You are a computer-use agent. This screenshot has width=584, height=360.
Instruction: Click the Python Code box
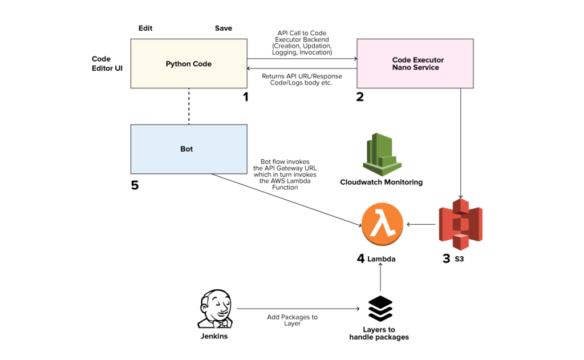coord(189,63)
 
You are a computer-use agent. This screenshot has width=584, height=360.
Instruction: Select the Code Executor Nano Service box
coord(415,63)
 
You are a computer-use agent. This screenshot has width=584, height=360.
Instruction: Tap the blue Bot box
coord(189,149)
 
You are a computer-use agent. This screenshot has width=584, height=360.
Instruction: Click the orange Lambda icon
coord(382,223)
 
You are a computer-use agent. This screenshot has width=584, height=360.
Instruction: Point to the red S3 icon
coord(460,224)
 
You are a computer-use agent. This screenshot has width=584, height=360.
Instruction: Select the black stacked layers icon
coord(379,309)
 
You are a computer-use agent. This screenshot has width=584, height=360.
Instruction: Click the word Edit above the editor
coord(145,29)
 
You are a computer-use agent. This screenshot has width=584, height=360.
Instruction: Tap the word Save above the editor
coord(224,29)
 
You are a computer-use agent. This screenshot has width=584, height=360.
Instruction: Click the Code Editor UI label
coord(107,64)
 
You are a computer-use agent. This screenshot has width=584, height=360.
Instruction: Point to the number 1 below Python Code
coord(246,97)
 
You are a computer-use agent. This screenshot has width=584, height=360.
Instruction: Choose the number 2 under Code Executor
coord(360,97)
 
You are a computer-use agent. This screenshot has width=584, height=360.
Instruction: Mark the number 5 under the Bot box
coord(135,185)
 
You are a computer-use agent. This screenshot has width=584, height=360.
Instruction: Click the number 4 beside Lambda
coord(360,258)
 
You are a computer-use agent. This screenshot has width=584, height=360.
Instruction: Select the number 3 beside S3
coord(446,258)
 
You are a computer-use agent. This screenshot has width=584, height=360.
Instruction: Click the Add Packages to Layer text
coord(292,320)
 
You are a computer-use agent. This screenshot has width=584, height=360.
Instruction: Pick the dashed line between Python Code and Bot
coord(189,106)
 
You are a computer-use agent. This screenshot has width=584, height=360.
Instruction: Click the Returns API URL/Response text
coord(301,79)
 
